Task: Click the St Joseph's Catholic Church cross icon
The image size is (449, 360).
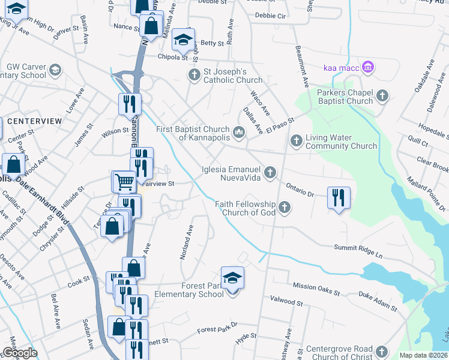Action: click(194, 75)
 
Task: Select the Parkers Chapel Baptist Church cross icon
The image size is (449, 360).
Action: click(382, 95)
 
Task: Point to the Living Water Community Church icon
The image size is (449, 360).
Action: click(295, 140)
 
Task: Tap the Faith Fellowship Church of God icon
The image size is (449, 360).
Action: click(284, 208)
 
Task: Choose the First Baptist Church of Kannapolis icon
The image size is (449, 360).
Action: click(239, 133)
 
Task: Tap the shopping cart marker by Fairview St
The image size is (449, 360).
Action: click(124, 181)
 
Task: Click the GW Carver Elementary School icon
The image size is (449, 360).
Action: click(55, 70)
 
